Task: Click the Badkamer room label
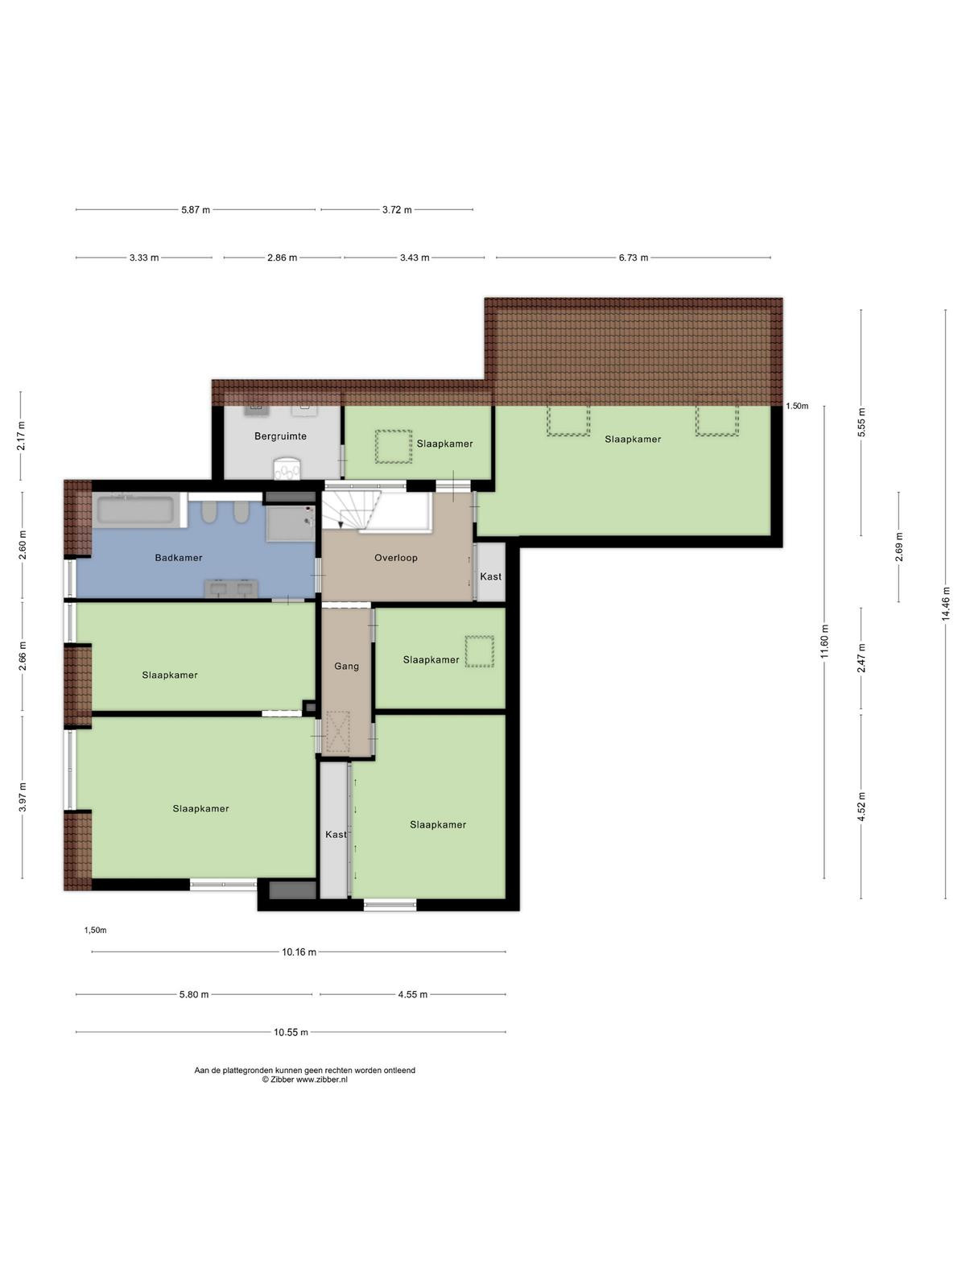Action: pos(178,557)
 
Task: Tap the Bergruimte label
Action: pos(280,436)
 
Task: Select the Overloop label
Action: pos(396,557)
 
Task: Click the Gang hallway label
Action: pos(346,666)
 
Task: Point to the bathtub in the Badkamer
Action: pos(136,510)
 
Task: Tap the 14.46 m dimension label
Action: pos(945,605)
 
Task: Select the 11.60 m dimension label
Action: pos(824,642)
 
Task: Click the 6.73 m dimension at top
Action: pos(634,258)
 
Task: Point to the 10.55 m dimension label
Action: pos(291,1032)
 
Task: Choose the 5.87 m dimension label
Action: pos(196,209)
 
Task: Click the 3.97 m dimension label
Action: pos(23,798)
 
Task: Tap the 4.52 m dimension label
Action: pos(861,807)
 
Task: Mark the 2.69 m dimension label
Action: pos(898,547)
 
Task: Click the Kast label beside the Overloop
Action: pos(490,577)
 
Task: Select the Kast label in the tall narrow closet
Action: pos(336,835)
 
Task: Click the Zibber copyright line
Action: pos(304,1080)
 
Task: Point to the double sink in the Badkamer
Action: pos(230,588)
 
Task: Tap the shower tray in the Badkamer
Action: pos(291,522)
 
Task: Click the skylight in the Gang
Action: pos(337,732)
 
